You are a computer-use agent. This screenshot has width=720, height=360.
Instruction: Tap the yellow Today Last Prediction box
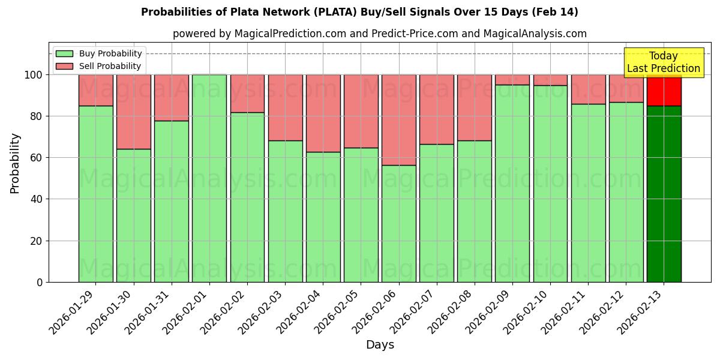click(664, 62)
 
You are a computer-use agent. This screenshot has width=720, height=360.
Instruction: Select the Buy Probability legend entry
click(99, 53)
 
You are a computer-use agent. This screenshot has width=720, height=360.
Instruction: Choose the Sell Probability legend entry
click(99, 66)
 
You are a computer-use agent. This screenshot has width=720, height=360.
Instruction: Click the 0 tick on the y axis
click(39, 282)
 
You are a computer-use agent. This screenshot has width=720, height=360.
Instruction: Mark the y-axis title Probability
click(15, 163)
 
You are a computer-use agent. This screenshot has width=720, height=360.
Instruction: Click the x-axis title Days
click(380, 345)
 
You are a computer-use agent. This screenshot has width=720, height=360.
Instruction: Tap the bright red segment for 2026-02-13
click(664, 90)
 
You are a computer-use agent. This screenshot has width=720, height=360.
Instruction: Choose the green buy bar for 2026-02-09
click(512, 183)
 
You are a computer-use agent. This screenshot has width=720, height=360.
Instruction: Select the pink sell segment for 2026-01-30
click(133, 112)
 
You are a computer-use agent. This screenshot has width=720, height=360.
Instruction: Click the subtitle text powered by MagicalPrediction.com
click(380, 34)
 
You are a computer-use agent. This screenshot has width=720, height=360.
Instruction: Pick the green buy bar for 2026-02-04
click(323, 217)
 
